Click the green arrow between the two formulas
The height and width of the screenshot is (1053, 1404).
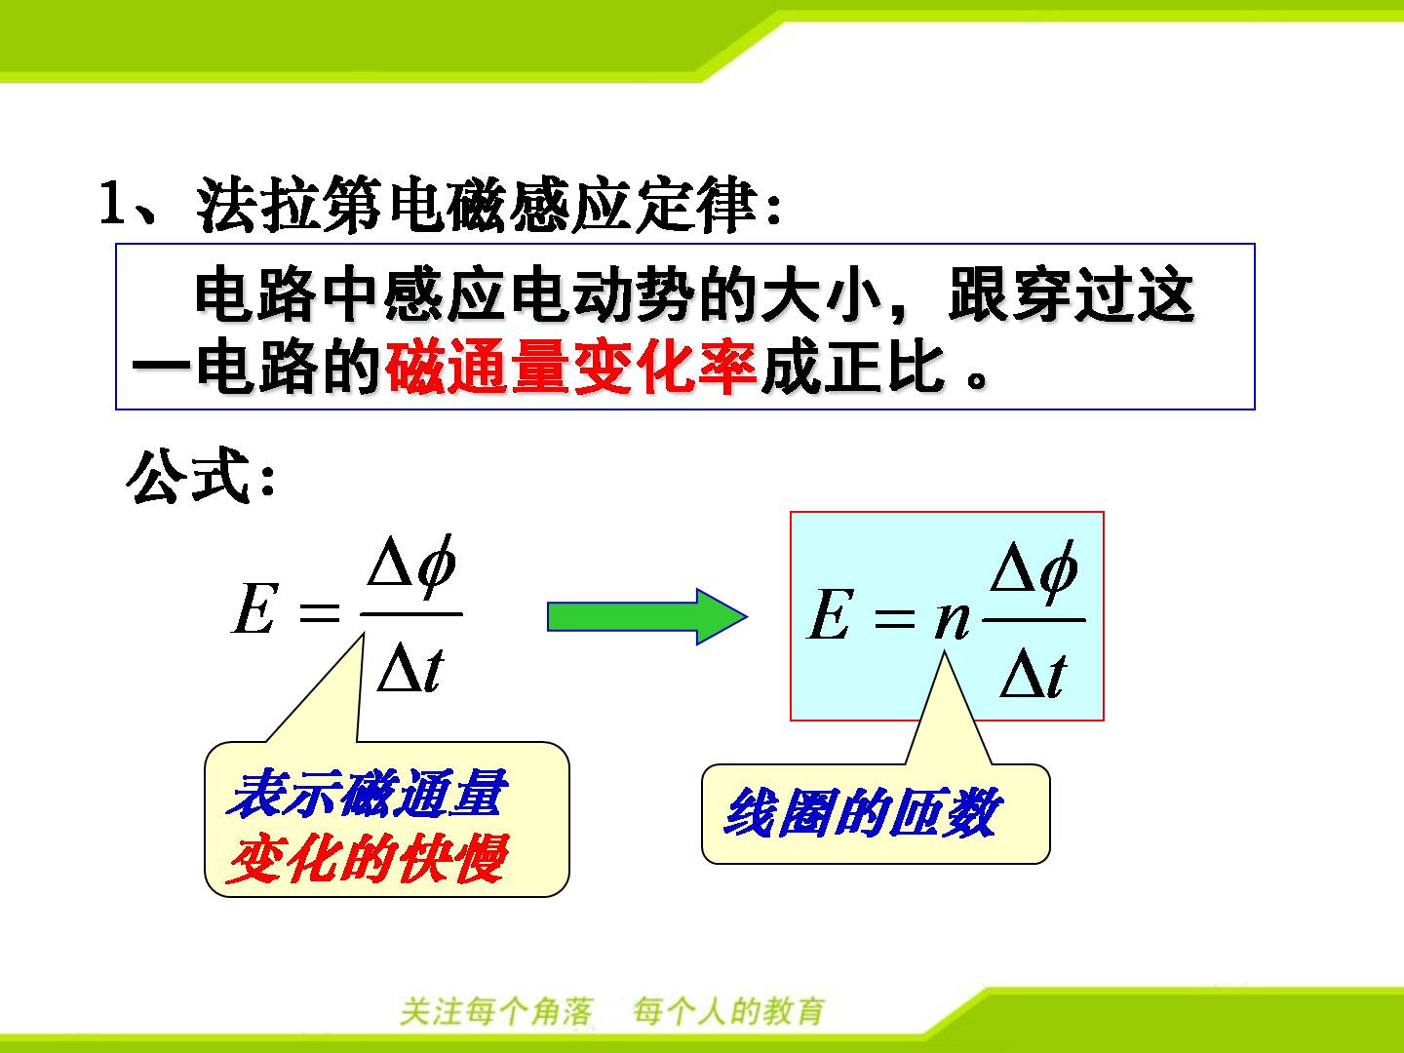647,617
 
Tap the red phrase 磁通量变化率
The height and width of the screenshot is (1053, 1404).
571,369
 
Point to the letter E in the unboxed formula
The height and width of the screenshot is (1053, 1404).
254,608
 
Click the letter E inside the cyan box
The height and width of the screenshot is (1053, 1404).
831,614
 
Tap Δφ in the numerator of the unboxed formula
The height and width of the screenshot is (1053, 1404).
411,567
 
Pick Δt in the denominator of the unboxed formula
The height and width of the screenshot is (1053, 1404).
410,667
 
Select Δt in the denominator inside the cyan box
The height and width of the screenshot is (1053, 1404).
1033,674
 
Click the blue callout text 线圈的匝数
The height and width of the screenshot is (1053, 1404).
861,812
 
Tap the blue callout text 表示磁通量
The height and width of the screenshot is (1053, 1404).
368,794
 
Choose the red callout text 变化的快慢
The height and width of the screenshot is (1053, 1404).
368,858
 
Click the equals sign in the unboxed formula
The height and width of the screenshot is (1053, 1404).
319,612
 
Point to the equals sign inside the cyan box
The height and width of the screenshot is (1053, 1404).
895,619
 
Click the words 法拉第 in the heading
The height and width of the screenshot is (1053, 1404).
290,204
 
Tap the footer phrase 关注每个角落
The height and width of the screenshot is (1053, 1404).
496,1011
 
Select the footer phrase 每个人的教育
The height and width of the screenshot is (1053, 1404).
728,1011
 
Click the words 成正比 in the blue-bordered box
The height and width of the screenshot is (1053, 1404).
852,369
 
